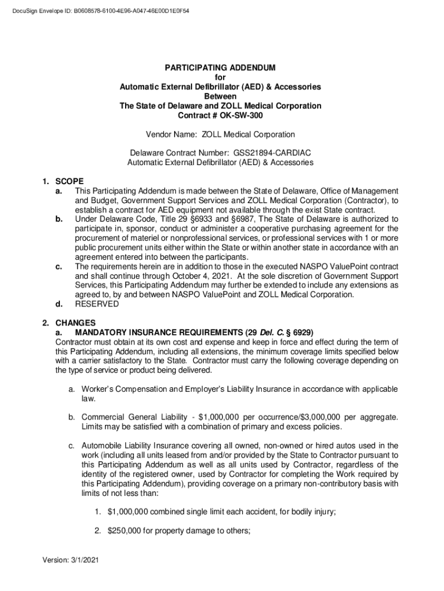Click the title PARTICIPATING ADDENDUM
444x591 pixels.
[220, 68]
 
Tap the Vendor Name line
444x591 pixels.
[220, 134]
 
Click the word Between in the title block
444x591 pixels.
[220, 96]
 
